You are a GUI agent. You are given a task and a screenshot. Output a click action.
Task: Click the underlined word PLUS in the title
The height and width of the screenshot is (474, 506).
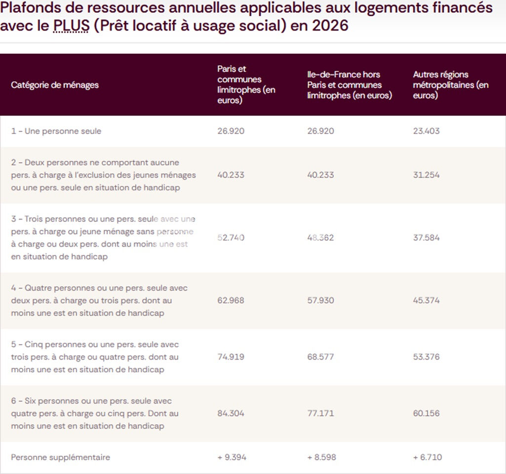(x=71, y=25)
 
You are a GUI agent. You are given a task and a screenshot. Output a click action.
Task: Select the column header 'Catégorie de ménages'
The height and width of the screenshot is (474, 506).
(x=55, y=85)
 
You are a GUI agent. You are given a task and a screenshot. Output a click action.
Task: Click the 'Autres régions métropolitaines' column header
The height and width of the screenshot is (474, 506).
(x=451, y=85)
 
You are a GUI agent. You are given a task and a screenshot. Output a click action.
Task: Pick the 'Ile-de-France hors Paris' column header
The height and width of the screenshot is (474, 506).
(x=350, y=85)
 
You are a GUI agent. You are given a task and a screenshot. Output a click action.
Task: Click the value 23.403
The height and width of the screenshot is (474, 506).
(x=426, y=131)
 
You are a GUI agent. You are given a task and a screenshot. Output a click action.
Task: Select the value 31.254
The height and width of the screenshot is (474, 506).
(x=426, y=175)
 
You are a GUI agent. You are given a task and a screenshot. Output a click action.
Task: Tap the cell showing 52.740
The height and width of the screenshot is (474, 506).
(x=231, y=238)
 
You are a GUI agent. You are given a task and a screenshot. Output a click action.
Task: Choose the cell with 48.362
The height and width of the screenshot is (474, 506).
(x=320, y=238)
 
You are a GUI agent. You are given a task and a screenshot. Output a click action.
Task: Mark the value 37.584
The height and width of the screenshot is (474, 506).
(x=426, y=238)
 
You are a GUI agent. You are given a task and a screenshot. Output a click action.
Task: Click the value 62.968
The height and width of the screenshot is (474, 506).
(x=231, y=300)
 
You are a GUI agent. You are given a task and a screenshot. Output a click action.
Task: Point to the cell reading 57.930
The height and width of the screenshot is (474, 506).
(x=320, y=300)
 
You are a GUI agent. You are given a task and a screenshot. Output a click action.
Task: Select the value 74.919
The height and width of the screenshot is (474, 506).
(x=231, y=357)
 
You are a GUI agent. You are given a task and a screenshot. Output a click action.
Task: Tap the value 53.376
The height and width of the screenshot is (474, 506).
(x=426, y=357)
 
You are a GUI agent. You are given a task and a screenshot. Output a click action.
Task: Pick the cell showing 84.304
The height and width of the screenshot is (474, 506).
(x=231, y=413)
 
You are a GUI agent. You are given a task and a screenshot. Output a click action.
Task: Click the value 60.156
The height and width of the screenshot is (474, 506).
(x=426, y=413)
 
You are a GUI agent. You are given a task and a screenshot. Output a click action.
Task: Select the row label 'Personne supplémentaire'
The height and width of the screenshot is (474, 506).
(x=61, y=457)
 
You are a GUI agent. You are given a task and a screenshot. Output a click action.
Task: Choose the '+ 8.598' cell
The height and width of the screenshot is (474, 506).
(x=321, y=457)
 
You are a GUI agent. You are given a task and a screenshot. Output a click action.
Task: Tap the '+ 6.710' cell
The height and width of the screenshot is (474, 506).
(x=428, y=457)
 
